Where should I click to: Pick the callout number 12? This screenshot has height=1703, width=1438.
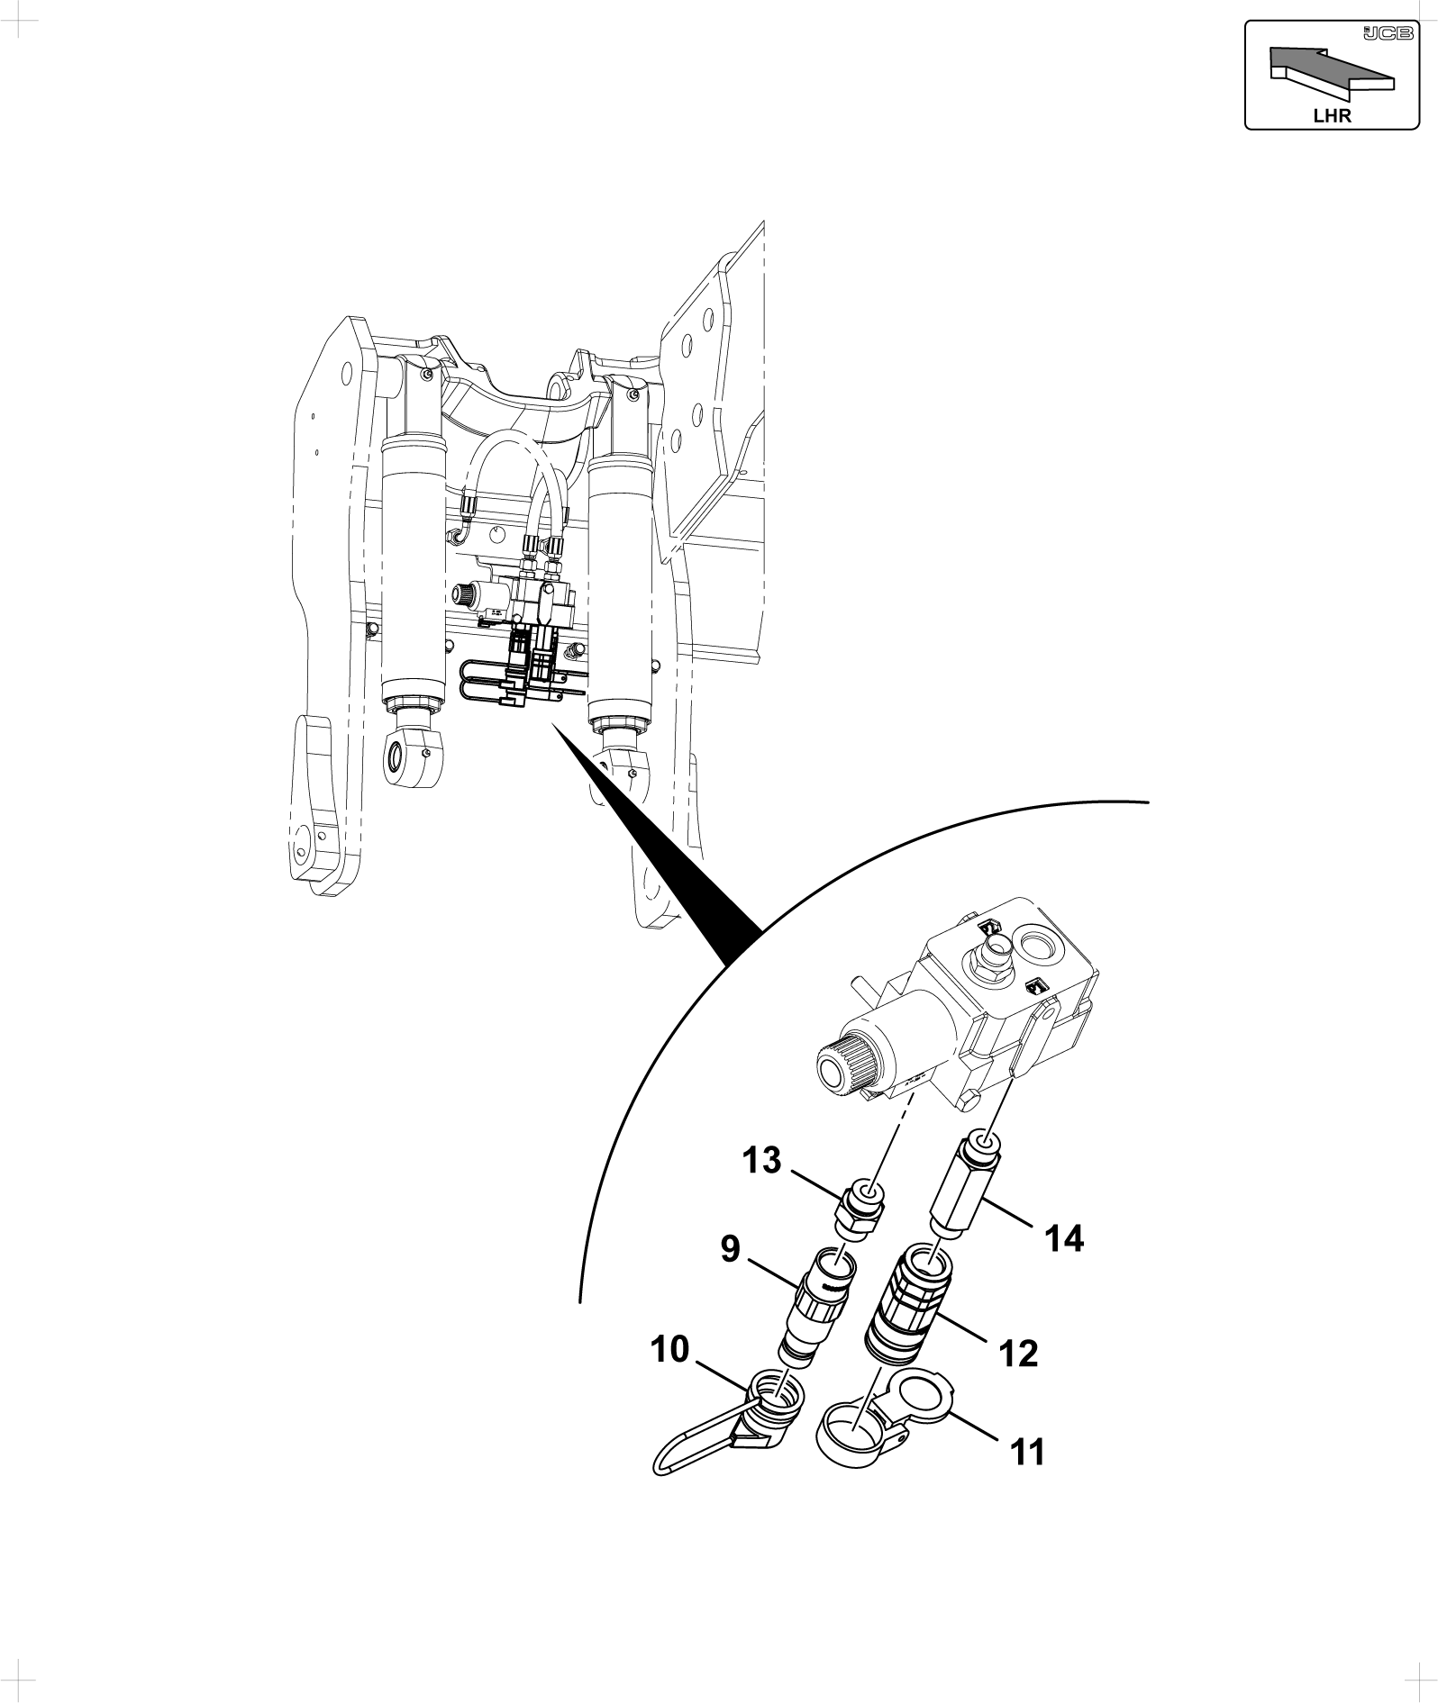1018,1354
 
